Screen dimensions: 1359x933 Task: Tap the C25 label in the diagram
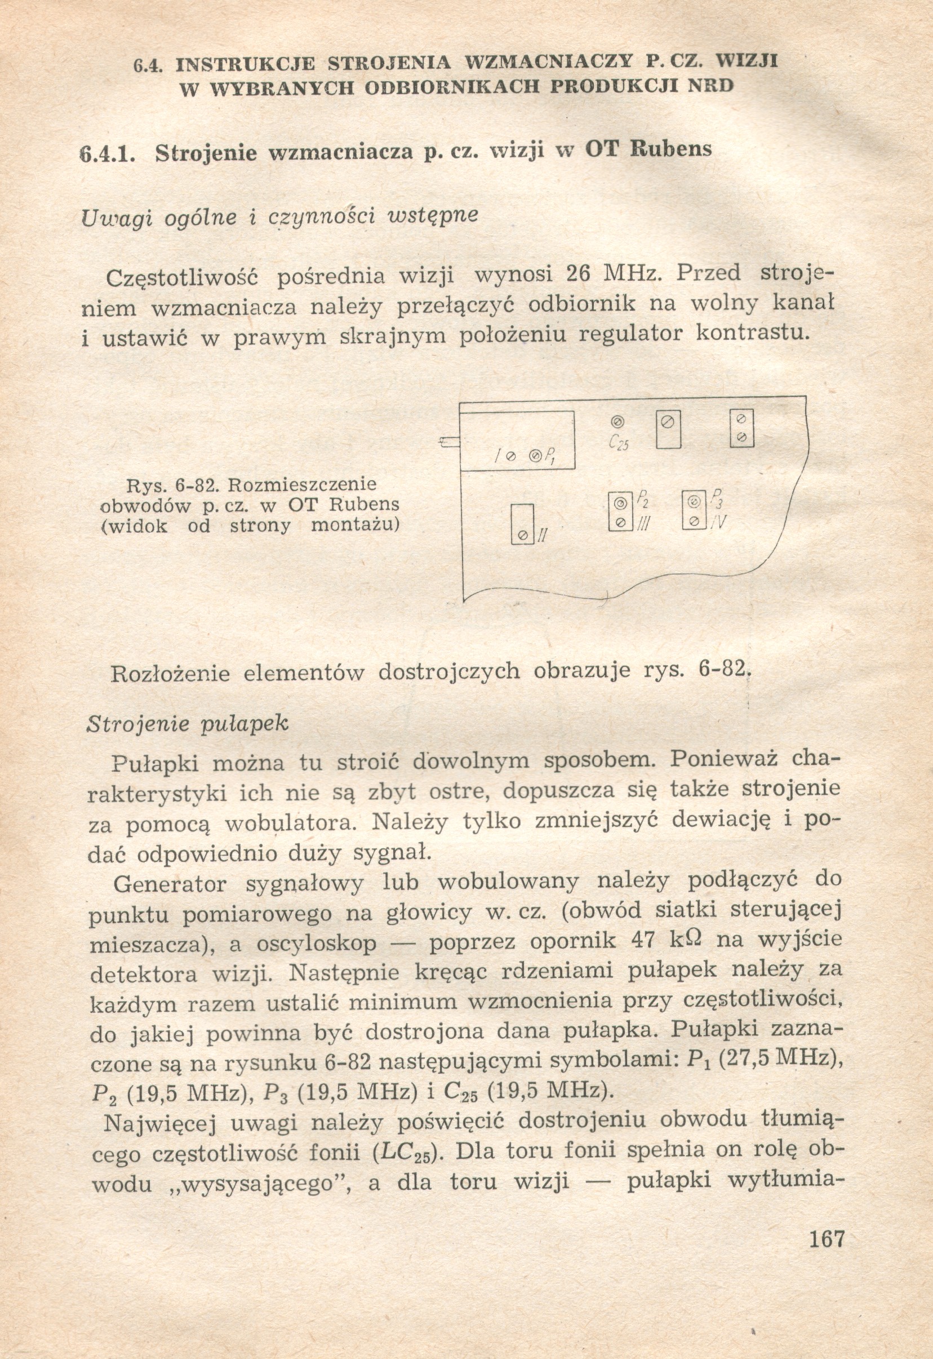(x=618, y=444)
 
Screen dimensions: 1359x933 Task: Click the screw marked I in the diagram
(x=509, y=456)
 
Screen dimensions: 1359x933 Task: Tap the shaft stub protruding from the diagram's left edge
(x=450, y=443)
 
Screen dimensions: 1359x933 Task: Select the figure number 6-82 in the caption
(x=193, y=485)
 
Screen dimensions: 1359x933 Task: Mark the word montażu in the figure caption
(x=355, y=525)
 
